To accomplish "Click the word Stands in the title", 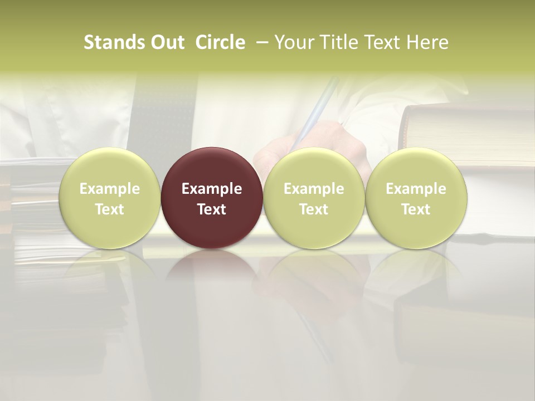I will (109, 42).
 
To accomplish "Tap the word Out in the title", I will (166, 42).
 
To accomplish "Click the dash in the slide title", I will (261, 42).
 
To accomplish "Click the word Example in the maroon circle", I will (212, 189).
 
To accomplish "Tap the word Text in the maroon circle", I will (212, 209).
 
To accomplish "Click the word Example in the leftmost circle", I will (109, 189).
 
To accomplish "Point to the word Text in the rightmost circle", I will (416, 209).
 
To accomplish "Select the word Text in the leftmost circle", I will (109, 209).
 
